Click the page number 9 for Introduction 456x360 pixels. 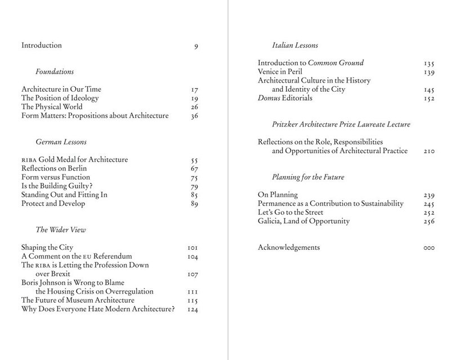(196, 45)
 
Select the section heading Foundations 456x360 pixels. (55, 72)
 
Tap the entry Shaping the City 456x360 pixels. (47, 247)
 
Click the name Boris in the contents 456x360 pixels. (31, 282)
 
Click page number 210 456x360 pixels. (428, 151)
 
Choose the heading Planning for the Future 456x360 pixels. (307, 177)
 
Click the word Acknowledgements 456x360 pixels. (289, 247)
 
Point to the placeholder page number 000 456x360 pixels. (428, 247)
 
